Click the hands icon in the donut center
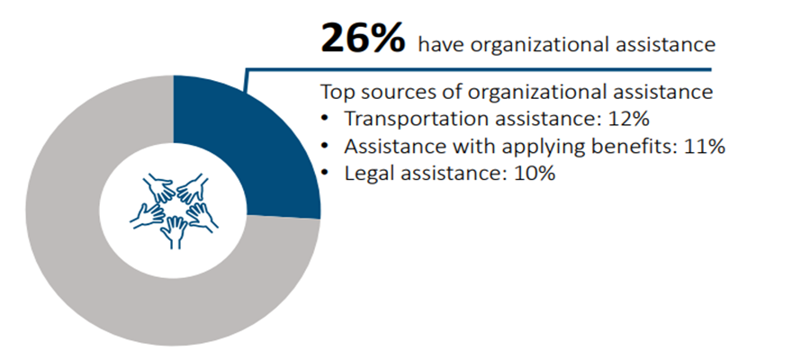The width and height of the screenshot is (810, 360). (x=174, y=209)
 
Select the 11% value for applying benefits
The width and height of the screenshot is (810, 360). (x=704, y=146)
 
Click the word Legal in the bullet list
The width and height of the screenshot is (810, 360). (x=367, y=173)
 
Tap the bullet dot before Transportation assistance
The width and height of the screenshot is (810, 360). (x=326, y=119)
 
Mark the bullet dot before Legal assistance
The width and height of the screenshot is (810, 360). (x=326, y=173)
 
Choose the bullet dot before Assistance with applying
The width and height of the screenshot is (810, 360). (x=326, y=146)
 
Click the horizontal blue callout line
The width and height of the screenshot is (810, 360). (x=477, y=68)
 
